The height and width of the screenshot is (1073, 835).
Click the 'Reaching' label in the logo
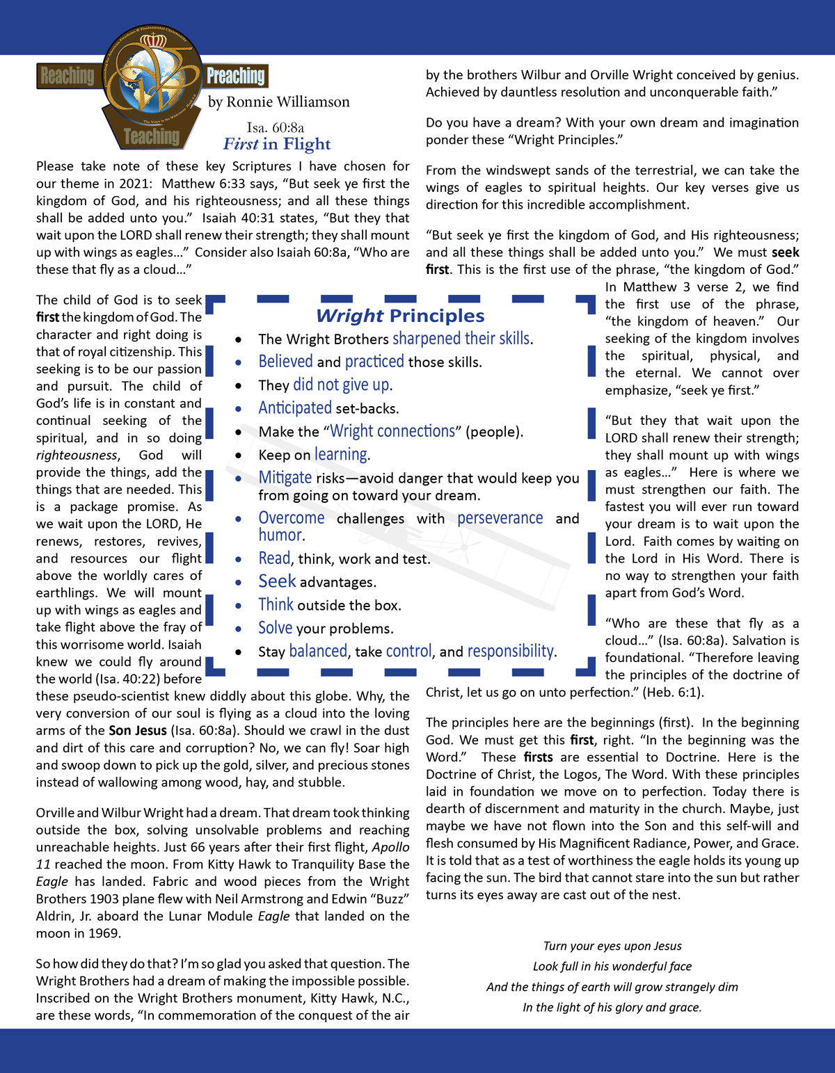click(66, 76)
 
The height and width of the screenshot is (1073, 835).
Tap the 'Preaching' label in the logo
click(236, 76)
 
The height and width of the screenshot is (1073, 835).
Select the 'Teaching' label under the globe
click(151, 136)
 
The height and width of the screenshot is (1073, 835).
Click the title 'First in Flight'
click(277, 144)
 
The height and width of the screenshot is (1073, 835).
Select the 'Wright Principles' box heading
click(400, 316)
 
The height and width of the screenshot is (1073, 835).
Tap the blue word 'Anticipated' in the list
click(295, 408)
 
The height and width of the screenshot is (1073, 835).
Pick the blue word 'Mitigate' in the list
click(285, 478)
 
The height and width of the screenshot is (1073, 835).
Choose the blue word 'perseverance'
click(500, 518)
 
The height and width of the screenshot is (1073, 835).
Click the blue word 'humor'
click(280, 535)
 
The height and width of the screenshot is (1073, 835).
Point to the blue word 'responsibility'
click(511, 652)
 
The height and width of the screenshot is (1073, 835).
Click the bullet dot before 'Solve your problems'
click(239, 629)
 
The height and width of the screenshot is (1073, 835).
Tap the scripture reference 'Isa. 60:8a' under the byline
click(275, 127)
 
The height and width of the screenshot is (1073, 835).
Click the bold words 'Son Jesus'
click(138, 730)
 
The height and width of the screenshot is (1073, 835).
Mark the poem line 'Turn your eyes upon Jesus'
click(612, 946)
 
